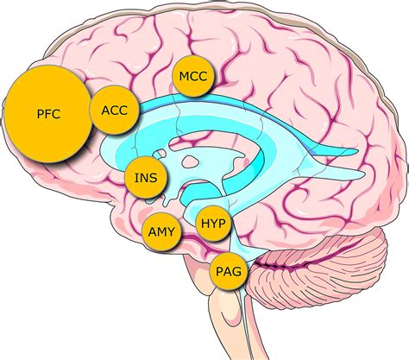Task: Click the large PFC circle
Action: [x=47, y=114]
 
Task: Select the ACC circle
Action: [x=115, y=110]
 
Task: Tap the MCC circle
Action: [x=193, y=76]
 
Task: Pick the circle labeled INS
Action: [x=146, y=178]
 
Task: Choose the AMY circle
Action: [x=161, y=232]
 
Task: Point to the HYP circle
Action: [x=213, y=223]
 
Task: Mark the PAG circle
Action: [x=229, y=271]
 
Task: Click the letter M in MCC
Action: [x=184, y=76]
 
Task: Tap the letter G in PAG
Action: [x=236, y=271]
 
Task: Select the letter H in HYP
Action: [x=204, y=224]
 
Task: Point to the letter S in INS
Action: [x=154, y=178]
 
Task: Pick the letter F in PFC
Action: [x=48, y=114]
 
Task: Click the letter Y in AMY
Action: [x=171, y=232]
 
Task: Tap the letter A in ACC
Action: [x=106, y=111]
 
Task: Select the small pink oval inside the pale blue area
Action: [x=190, y=161]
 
